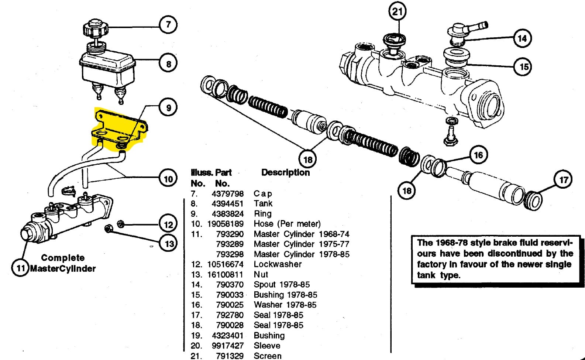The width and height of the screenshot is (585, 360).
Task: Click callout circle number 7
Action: coord(168,25)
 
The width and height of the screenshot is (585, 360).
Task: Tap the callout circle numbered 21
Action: coord(398,11)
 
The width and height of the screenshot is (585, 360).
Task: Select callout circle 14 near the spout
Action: coord(522,38)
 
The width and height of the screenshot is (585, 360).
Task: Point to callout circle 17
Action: coord(563,179)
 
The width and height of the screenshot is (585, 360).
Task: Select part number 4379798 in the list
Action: coord(228,193)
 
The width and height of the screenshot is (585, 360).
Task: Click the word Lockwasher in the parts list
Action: coord(278,264)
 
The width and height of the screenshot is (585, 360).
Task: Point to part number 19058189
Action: coord(226,224)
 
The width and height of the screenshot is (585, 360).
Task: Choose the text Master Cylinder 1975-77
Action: coord(302,244)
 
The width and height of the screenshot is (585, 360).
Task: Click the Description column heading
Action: coord(285,172)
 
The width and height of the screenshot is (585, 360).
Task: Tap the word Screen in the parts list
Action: coord(268,356)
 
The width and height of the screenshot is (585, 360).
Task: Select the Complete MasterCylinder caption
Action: coord(63,263)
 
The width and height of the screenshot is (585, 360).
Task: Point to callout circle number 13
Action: coord(169,243)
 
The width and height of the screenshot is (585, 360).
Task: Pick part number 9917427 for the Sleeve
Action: coord(228,346)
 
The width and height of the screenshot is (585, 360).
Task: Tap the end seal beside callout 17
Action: coord(533,200)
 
